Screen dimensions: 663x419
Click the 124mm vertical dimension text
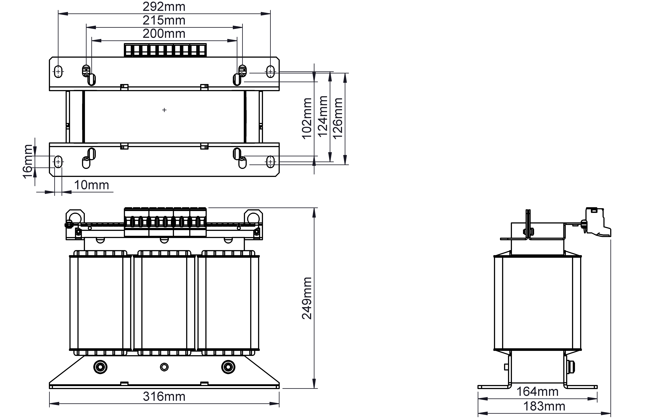coord(323,116)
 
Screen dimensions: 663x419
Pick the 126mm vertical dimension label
coord(338,118)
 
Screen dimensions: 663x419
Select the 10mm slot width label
coord(91,185)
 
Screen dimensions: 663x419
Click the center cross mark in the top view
coord(164,110)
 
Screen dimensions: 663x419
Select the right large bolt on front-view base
coord(228,367)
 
